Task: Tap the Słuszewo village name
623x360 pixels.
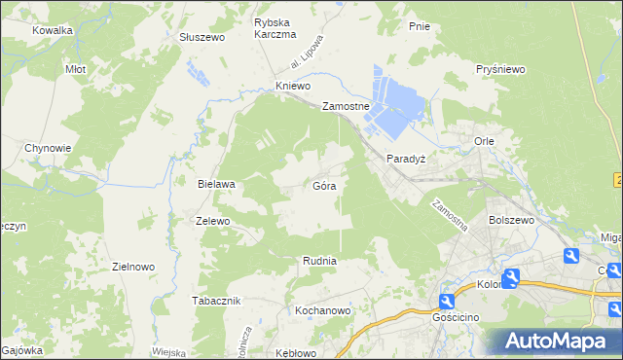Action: click(202, 37)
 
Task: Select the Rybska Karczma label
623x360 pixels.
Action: click(275, 28)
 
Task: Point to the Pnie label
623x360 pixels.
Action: click(421, 26)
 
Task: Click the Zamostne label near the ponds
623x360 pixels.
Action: click(346, 107)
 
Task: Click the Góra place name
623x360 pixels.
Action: click(325, 185)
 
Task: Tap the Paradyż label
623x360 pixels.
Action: click(406, 158)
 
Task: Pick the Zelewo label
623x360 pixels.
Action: click(212, 221)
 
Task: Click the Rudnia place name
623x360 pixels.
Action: click(319, 261)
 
